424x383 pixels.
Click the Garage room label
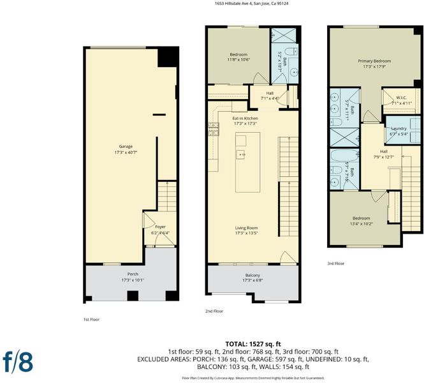pyautogui.click(x=126, y=146)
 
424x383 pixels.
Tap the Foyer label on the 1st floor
pyautogui.click(x=160, y=227)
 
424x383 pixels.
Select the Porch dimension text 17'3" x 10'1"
pyautogui.click(x=133, y=280)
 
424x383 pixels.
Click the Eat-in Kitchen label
pyautogui.click(x=245, y=118)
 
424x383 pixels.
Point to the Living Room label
pyautogui.click(x=246, y=228)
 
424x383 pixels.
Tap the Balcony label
pyautogui.click(x=252, y=275)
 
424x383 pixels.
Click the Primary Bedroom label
pyautogui.click(x=374, y=61)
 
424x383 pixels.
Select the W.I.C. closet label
pyautogui.click(x=402, y=98)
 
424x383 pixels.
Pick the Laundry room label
pyautogui.click(x=398, y=128)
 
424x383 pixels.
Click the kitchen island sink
pyautogui.click(x=241, y=154)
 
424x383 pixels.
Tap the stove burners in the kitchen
pyautogui.click(x=214, y=129)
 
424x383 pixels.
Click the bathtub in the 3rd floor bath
pyautogui.click(x=344, y=156)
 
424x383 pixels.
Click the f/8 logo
pyautogui.click(x=18, y=362)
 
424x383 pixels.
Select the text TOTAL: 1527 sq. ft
pyautogui.click(x=253, y=344)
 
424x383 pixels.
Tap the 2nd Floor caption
pyautogui.click(x=214, y=312)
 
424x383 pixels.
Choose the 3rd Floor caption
pyautogui.click(x=335, y=264)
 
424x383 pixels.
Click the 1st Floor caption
pyautogui.click(x=91, y=320)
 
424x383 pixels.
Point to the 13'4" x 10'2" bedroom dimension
pyautogui.click(x=362, y=223)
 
